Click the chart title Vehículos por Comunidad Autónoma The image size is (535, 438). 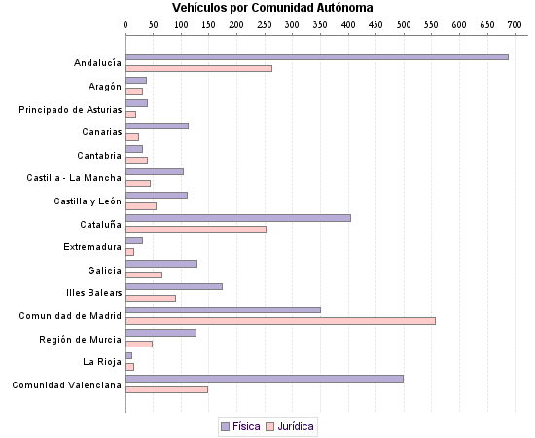266,8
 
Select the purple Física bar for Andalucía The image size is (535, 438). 317,57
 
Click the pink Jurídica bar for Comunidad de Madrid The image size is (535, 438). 280,321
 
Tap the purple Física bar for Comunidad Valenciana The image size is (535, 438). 265,379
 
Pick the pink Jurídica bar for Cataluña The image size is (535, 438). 196,230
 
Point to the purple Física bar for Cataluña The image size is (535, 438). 238,218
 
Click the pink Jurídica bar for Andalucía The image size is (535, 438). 198,69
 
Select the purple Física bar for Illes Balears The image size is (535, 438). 174,286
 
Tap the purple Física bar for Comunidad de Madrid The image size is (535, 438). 223,310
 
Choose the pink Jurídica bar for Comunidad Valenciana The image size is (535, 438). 166,390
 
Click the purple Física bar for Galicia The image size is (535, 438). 161,264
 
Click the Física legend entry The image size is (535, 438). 240,426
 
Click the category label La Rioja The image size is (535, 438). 102,362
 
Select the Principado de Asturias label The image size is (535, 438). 71,109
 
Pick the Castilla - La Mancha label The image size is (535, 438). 74,178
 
